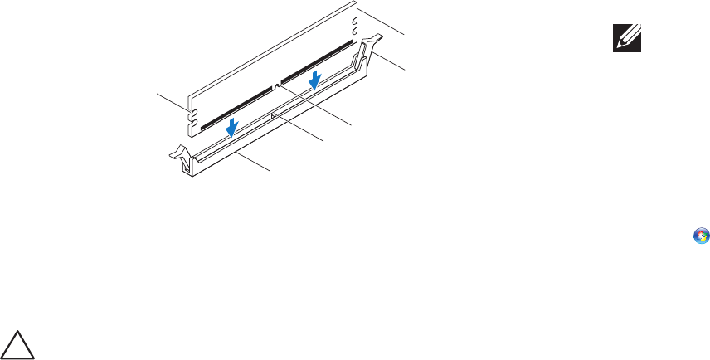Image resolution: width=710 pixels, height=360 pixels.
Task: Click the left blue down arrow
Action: pos(235,125)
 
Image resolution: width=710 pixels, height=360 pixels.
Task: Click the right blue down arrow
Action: pos(314,80)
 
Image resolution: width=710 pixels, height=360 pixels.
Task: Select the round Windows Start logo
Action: pos(701,236)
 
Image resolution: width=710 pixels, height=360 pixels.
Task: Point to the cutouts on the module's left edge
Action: pos(193,116)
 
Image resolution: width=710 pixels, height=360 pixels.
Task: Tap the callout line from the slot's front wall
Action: pos(253,161)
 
